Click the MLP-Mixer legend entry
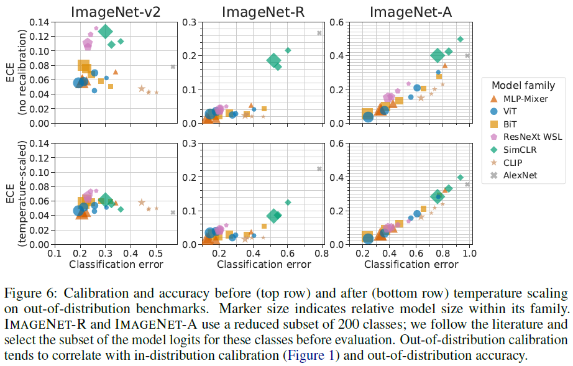coord(520,98)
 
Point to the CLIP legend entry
coord(511,163)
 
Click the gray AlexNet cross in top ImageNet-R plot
coord(319,33)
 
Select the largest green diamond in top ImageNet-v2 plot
coord(106,32)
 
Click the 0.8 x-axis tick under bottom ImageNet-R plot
coord(321,254)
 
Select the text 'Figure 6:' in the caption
coord(24,293)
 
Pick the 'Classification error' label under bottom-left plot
coord(116,265)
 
